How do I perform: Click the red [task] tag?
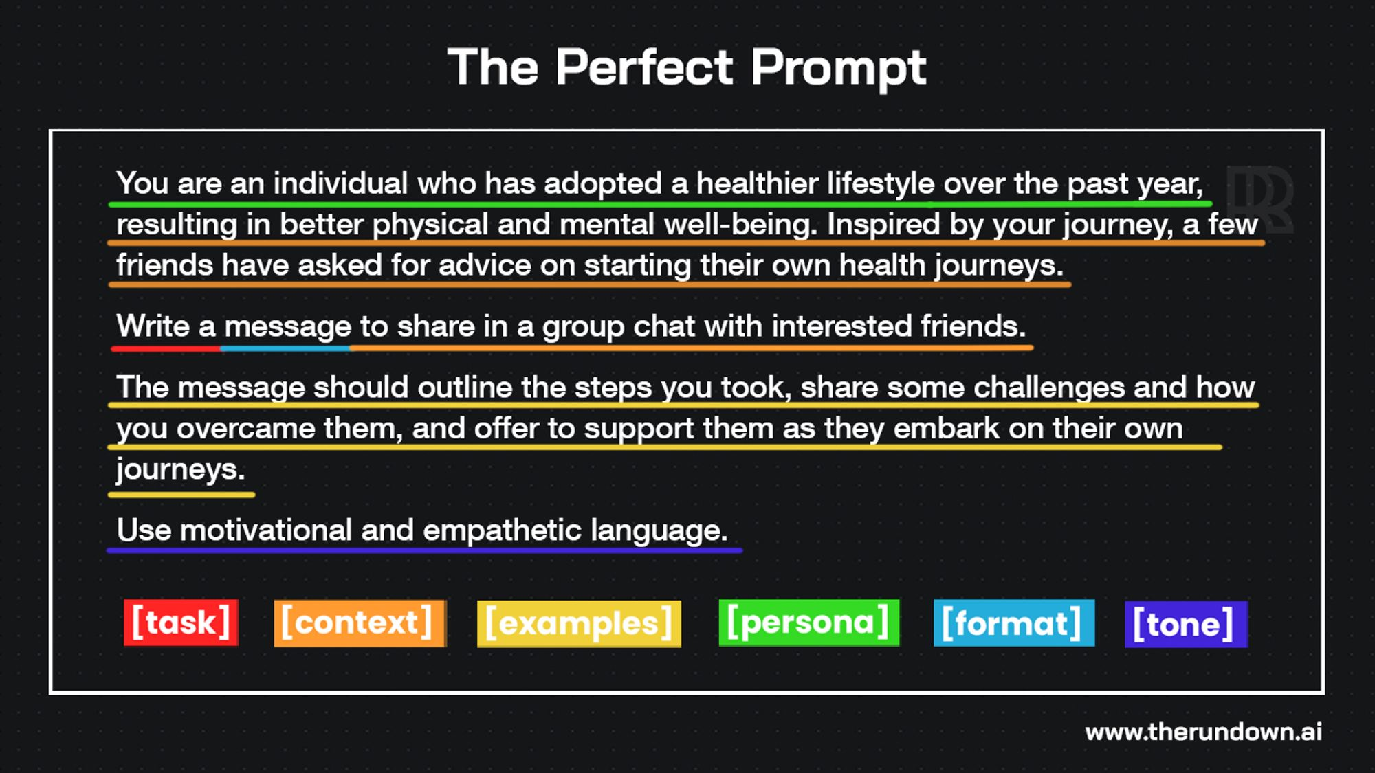point(181,623)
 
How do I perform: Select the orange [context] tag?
point(360,623)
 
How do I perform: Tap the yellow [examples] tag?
point(579,624)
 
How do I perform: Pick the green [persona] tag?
point(808,623)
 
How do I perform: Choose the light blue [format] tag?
point(1013,623)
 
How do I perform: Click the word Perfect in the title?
point(645,68)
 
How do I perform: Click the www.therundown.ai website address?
point(1203,732)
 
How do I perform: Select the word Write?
point(153,326)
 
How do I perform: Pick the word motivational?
point(265,530)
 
